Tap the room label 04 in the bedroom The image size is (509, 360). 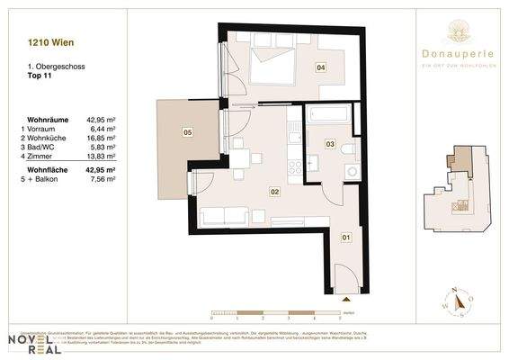(319, 67)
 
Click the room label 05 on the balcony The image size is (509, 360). (187, 133)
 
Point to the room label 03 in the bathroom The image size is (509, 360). (330, 144)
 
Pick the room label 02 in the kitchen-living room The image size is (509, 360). (276, 191)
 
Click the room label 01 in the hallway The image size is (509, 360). (345, 238)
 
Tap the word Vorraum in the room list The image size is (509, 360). (48, 130)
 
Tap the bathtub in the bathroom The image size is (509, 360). (331, 116)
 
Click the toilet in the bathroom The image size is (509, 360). (350, 147)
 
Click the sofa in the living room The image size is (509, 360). (226, 215)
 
